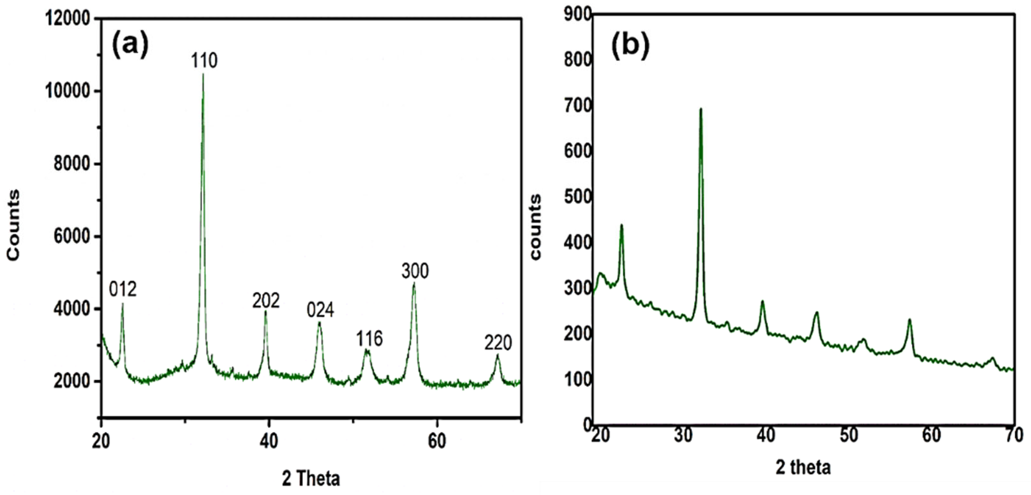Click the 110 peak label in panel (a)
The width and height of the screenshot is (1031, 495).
[x=204, y=61]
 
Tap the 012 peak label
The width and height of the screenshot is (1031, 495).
[x=123, y=289]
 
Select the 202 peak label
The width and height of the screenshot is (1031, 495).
[x=266, y=301]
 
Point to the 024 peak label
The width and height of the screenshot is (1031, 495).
[x=320, y=310]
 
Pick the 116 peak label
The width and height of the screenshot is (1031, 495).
[x=369, y=339]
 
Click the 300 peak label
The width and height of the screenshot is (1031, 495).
[x=415, y=271]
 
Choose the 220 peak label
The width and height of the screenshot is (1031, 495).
[x=498, y=343]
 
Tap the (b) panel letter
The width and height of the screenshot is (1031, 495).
[x=630, y=46]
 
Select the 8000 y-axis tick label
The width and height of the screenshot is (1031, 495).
[x=72, y=164]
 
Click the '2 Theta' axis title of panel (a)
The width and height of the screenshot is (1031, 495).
[x=311, y=479]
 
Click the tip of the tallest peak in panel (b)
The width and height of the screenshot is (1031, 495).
[x=701, y=109]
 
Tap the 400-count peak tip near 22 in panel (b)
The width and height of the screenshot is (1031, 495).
[x=622, y=225]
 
